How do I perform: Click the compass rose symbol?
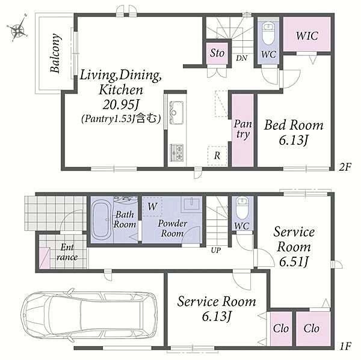pos(17,29)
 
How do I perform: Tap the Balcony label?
pos(56,53)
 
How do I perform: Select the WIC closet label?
pos(307,35)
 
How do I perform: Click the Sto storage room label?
pos(217,53)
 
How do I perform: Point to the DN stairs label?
pos(241,58)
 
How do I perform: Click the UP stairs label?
pos(216,250)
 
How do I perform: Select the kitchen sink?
pos(176,112)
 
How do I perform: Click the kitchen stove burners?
pos(176,152)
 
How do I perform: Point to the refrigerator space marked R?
pos(217,156)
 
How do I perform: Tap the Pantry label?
pos(242,129)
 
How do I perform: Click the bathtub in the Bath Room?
pos(102,220)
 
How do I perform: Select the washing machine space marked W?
pos(152,206)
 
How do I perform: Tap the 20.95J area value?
pos(121,105)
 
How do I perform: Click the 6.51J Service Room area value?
pos(294,261)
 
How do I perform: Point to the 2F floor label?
pos(345,167)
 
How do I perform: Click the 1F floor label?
pos(345,346)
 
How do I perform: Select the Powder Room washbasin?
pos(191,204)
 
